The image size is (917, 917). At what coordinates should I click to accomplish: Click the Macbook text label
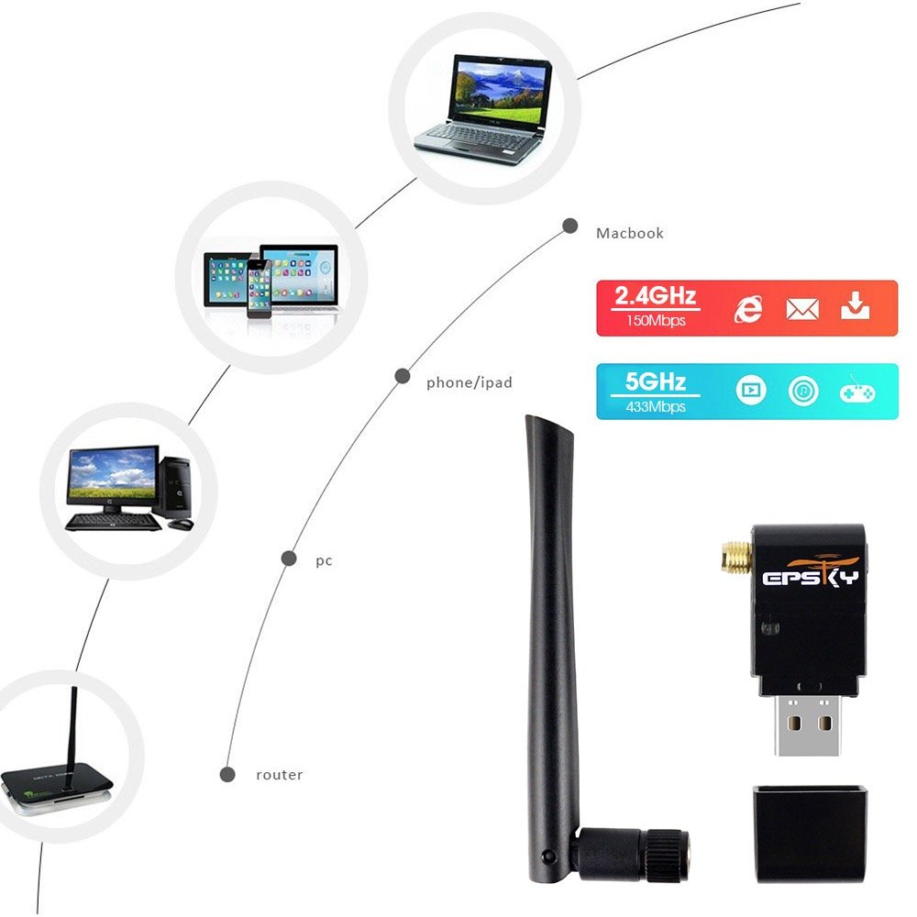click(629, 233)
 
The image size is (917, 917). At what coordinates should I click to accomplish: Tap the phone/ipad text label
click(469, 382)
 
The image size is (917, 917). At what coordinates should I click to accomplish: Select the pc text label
click(324, 560)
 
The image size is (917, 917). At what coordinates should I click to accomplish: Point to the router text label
click(279, 775)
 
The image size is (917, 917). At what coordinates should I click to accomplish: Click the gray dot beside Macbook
click(569, 226)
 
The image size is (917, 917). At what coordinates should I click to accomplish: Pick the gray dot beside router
click(227, 775)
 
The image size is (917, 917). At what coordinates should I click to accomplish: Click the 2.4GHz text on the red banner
click(656, 296)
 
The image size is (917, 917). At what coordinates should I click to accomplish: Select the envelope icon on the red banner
click(802, 309)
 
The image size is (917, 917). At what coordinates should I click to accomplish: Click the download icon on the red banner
click(856, 307)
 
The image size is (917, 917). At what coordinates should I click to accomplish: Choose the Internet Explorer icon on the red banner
click(748, 309)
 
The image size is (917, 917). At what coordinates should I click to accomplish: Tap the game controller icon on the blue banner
click(856, 392)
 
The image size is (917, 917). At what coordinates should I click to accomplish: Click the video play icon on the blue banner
click(750, 392)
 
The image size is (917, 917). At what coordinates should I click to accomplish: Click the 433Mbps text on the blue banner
click(656, 406)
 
